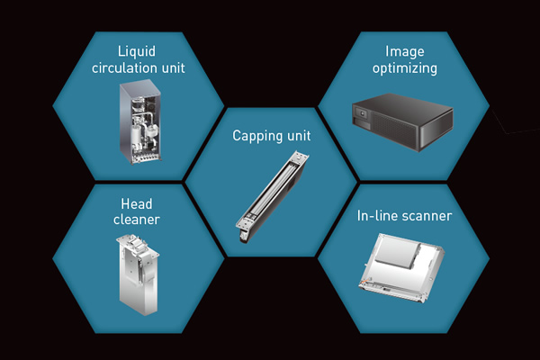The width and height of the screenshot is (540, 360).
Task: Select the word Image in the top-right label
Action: pos(405,50)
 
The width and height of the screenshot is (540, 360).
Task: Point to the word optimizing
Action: pos(406,67)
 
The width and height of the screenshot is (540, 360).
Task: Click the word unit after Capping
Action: pos(292,136)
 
